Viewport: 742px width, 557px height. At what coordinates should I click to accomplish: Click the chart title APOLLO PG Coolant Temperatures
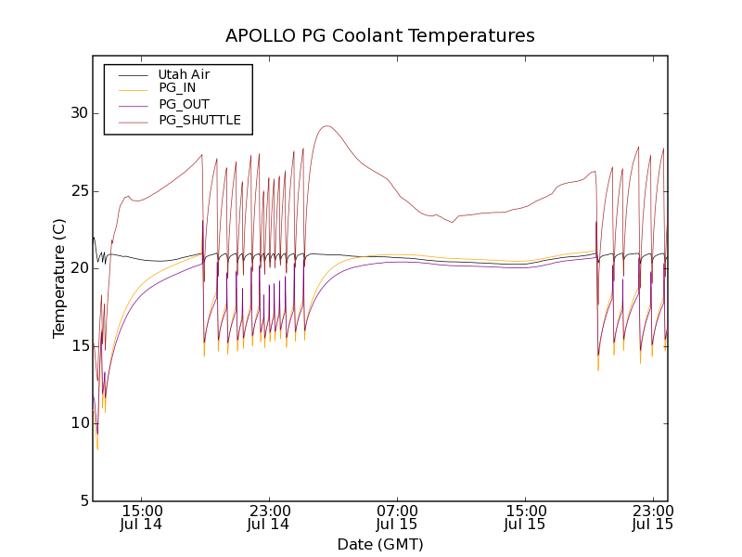click(x=380, y=36)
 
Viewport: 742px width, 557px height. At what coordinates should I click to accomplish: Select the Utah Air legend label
click(x=184, y=74)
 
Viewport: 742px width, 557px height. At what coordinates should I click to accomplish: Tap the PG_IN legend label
click(x=177, y=88)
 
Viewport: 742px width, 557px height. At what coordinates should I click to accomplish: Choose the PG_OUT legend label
click(x=184, y=104)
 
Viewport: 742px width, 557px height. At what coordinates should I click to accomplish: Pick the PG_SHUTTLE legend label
click(x=199, y=120)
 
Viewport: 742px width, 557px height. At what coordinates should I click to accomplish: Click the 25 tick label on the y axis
click(x=77, y=191)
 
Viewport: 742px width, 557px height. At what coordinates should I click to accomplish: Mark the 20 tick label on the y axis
click(x=77, y=268)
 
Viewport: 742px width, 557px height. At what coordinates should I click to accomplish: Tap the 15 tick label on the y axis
click(x=77, y=345)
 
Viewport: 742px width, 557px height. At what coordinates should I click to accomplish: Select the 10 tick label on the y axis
click(x=77, y=423)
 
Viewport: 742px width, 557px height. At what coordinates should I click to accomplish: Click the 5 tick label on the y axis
click(x=82, y=500)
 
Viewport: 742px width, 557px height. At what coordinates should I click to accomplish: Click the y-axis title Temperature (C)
click(x=59, y=278)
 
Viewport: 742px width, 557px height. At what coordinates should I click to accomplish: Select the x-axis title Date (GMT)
click(x=380, y=544)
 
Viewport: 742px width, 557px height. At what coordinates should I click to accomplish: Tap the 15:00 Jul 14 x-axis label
click(x=143, y=517)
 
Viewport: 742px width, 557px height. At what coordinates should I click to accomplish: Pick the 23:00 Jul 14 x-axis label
click(x=271, y=517)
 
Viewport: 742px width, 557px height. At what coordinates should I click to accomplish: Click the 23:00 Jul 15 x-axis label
click(x=652, y=517)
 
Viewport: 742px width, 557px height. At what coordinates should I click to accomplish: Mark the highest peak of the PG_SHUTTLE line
click(x=326, y=126)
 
